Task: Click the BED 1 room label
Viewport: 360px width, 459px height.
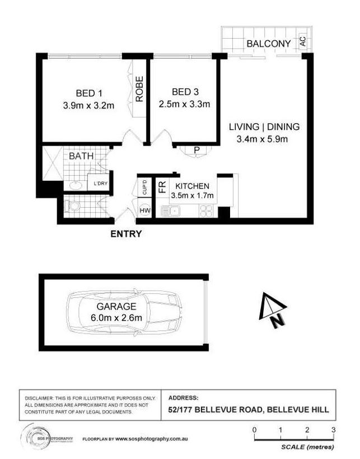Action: [x=88, y=93]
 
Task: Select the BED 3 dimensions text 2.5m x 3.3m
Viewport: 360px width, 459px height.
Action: [x=184, y=104]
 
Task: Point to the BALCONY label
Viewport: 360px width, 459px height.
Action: [x=269, y=43]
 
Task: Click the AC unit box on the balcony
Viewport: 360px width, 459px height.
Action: [x=303, y=41]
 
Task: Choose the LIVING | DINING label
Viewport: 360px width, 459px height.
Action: [x=264, y=127]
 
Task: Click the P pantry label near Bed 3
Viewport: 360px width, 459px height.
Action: [x=197, y=149]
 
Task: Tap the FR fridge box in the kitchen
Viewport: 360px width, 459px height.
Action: [x=161, y=187]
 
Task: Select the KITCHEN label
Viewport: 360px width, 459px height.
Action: [x=193, y=186]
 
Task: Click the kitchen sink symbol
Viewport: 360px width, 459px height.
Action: [x=170, y=211]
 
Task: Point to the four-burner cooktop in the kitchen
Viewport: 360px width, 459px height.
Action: [x=206, y=211]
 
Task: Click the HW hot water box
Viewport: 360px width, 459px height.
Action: [x=145, y=211]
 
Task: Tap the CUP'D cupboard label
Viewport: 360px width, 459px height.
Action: [x=144, y=186]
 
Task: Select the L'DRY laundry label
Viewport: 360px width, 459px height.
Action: [x=101, y=184]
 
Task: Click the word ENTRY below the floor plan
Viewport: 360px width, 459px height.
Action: [x=126, y=234]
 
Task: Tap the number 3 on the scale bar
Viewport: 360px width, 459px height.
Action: [x=333, y=430]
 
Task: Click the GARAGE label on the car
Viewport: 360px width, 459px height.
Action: [x=116, y=307]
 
